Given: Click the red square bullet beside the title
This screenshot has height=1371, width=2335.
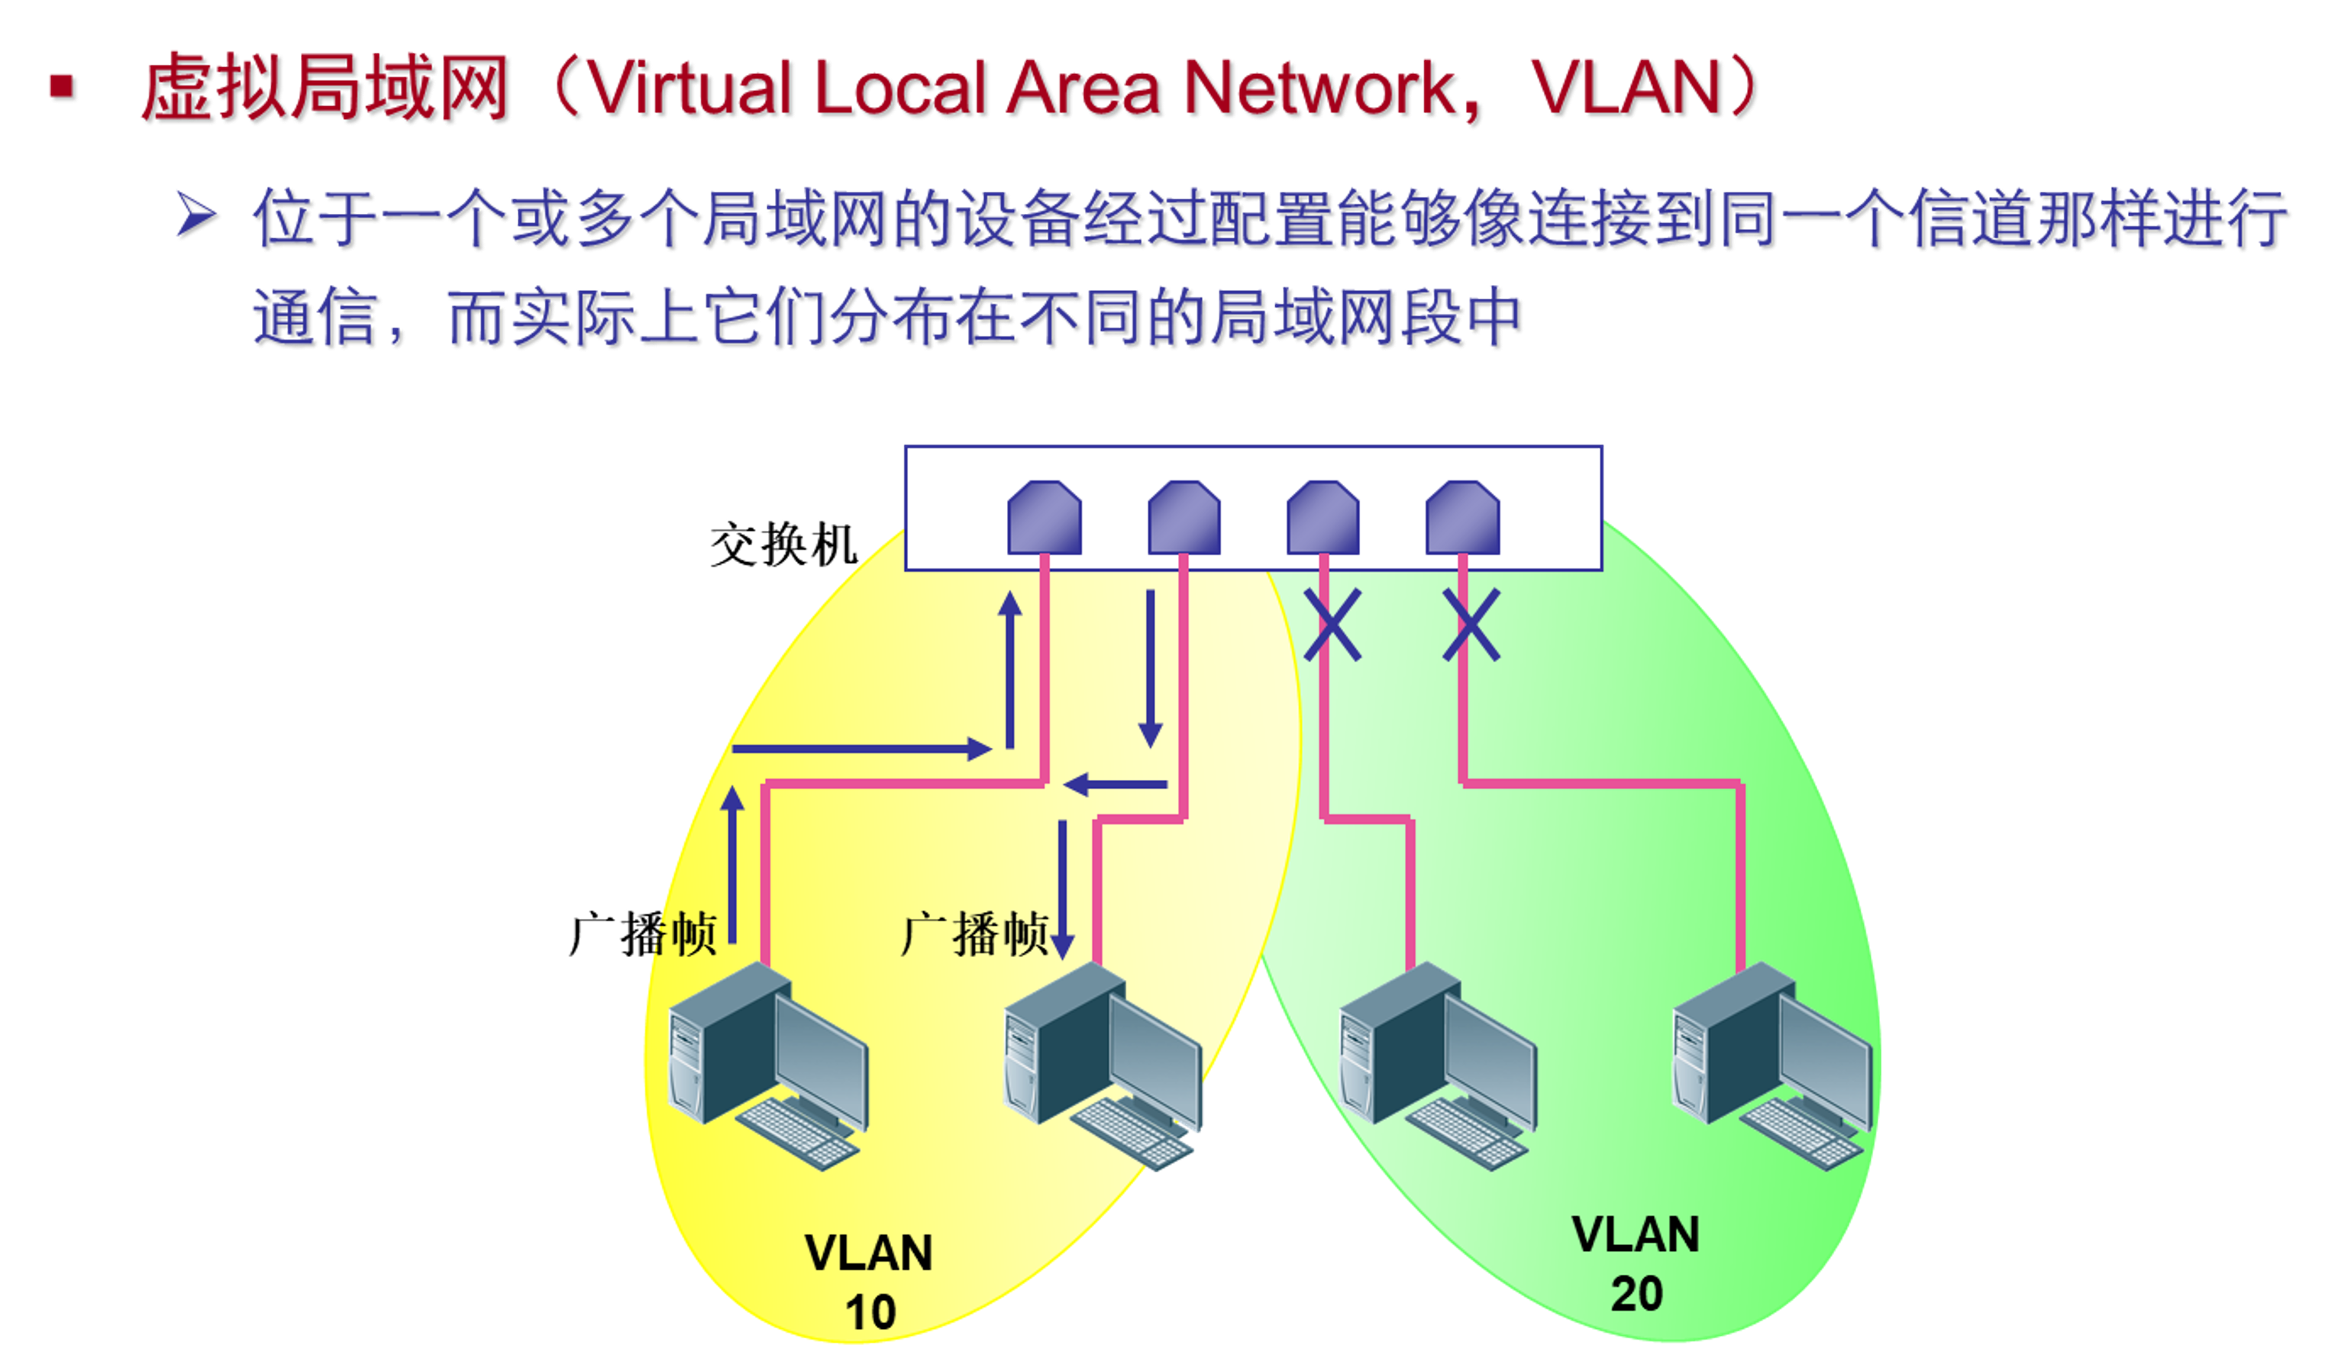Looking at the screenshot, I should point(63,88).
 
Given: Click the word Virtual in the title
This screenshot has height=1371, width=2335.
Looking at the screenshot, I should point(690,89).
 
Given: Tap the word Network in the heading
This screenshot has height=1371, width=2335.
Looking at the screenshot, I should point(1323,89).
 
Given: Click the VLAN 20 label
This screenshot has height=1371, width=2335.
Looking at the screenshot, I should point(1636,1263).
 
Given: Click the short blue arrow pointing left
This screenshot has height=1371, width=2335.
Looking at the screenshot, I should point(1115,785).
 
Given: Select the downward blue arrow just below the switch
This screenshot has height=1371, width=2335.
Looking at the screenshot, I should point(1150,668).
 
